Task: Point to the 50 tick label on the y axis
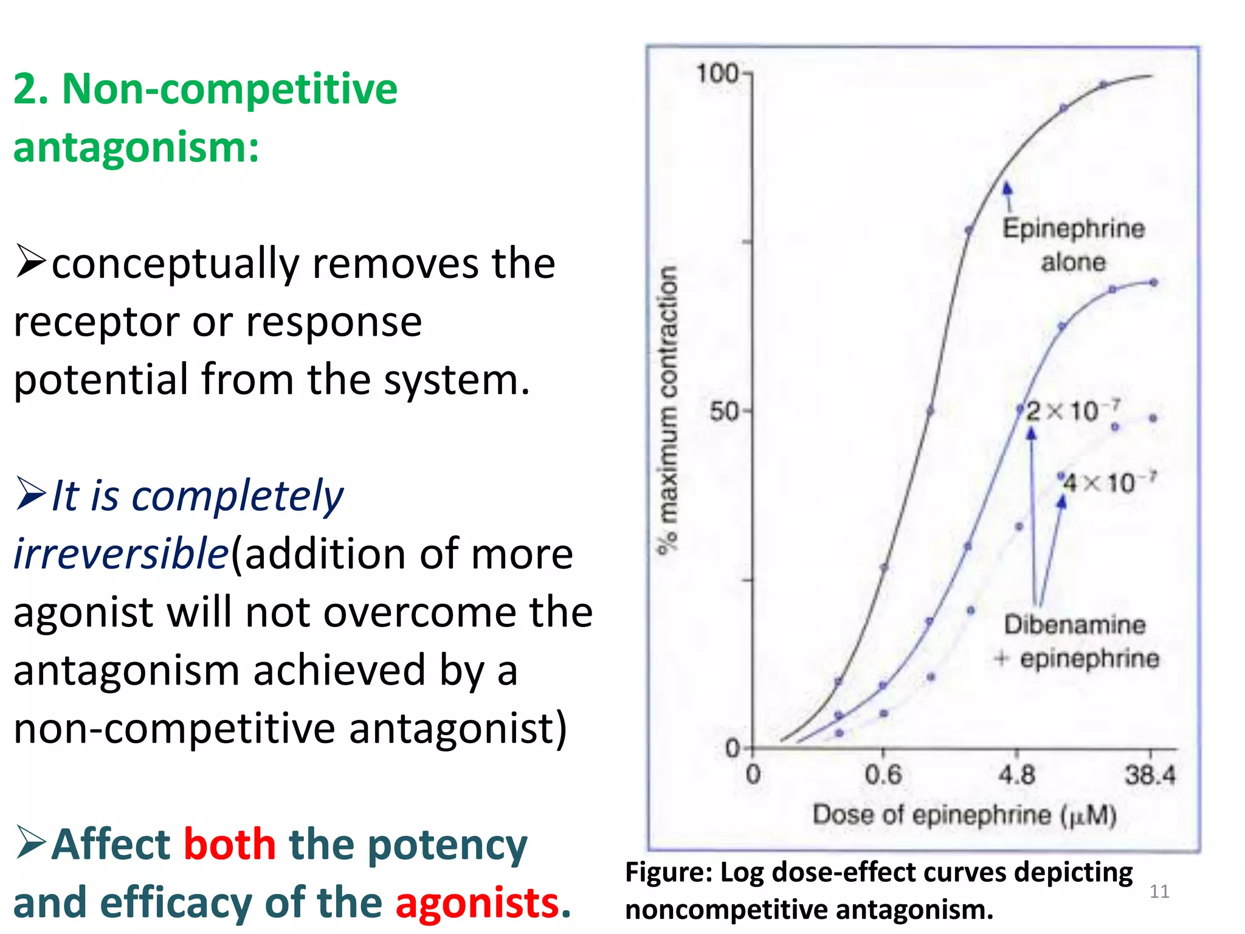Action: click(724, 412)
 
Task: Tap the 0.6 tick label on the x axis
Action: click(883, 775)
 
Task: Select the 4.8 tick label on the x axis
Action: click(1016, 775)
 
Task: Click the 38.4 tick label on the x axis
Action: click(1150, 775)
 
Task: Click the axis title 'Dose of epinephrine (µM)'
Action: click(965, 815)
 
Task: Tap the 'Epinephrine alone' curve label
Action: click(1074, 245)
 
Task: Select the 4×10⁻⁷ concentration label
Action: click(1108, 483)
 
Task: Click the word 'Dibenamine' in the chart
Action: click(1075, 625)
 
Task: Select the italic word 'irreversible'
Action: click(120, 554)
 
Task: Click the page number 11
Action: click(1159, 891)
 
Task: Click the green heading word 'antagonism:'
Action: click(136, 147)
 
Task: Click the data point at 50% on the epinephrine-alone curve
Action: click(930, 412)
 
